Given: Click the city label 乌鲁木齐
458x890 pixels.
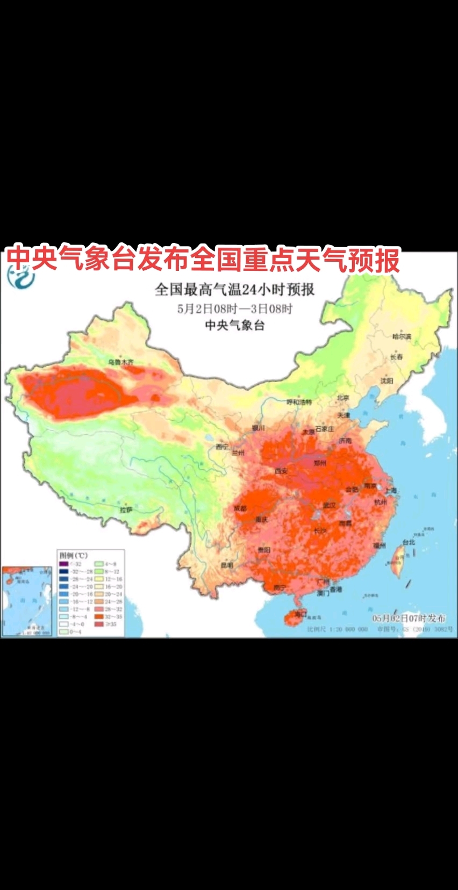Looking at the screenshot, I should coord(120,362).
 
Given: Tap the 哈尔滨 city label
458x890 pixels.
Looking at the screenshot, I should coord(402,337).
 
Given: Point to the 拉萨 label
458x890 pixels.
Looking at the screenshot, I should coord(126,509).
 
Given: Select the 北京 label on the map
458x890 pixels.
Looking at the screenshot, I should coord(343,398).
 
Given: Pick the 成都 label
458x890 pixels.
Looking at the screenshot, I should coord(240,508).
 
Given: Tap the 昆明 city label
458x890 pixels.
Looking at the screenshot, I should coord(227,565).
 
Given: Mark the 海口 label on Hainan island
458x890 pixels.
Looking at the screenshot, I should coord(300,614).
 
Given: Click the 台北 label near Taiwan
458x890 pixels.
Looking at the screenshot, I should coord(409,542).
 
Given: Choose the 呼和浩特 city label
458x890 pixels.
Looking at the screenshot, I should coord(299,402).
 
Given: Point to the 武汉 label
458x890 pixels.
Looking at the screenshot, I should coord(330,505).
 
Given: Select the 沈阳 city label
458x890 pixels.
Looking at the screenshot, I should coord(387,381).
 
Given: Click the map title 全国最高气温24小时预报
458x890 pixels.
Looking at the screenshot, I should coord(234,290).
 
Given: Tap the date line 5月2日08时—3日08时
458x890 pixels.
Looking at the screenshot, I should coord(235,309).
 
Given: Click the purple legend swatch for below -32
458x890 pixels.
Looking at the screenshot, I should coord(63,564).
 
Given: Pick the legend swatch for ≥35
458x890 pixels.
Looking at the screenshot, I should coord(100,624).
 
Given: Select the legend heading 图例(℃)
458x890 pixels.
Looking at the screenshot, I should coord(73,555).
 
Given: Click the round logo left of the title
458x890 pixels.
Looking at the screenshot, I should coord(20,277).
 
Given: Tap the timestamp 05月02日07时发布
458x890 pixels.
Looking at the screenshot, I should coord(409,619).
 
